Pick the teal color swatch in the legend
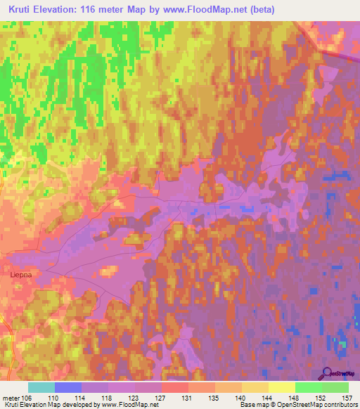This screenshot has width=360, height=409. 41,387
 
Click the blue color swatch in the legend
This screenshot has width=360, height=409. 68,387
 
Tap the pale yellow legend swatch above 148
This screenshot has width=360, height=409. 282,387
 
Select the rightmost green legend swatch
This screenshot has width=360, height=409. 335,387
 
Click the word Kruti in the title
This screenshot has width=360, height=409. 23,10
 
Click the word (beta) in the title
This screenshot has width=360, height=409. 258,10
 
